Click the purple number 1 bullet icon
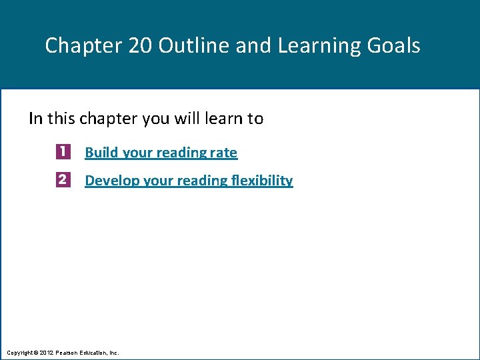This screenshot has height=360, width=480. tap(63, 152)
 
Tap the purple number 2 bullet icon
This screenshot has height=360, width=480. tap(63, 180)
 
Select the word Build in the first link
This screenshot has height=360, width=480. tap(101, 153)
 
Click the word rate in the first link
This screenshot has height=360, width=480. tap(223, 153)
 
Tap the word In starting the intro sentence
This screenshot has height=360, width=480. tap(35, 119)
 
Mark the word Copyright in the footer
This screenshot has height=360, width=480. tap(19, 351)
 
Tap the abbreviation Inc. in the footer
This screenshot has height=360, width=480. tap(113, 351)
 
